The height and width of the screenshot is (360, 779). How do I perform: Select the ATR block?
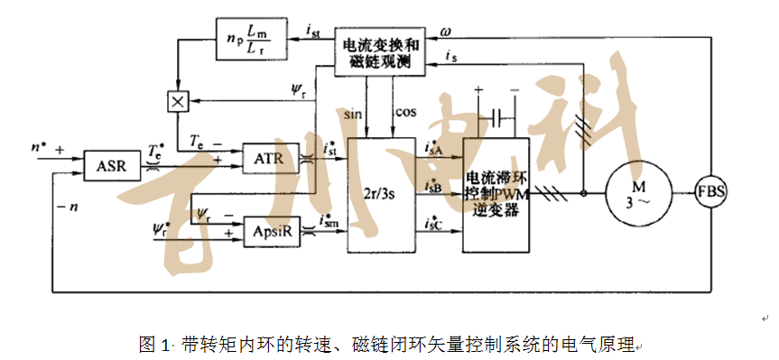(270, 159)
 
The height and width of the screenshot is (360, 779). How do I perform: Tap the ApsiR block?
(270, 230)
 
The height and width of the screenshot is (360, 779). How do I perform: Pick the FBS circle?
(713, 191)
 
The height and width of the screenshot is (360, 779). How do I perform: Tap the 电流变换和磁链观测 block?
(385, 52)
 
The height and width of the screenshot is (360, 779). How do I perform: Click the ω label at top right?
(446, 32)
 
